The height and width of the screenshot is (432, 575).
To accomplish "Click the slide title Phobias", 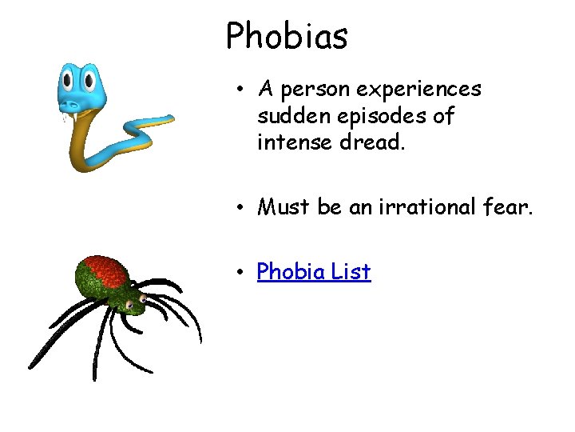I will (x=287, y=35).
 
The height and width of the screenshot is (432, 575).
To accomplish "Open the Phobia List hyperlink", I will (x=314, y=272).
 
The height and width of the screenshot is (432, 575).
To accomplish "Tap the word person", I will (x=315, y=89).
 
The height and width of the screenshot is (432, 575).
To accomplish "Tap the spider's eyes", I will (x=142, y=301).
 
